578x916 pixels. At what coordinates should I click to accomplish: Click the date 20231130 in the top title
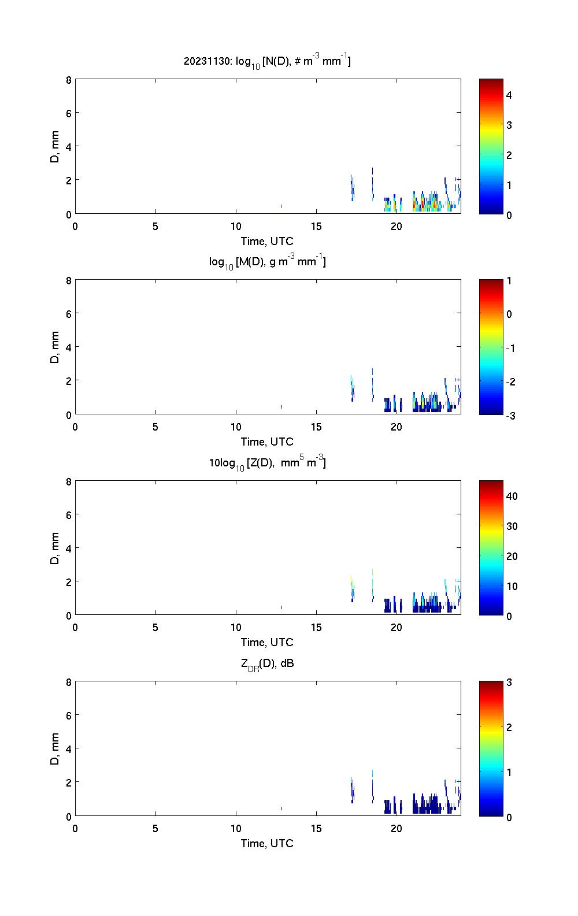tap(200, 61)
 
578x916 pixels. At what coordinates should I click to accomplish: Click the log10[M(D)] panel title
tap(267, 262)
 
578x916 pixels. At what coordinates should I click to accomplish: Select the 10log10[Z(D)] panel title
tap(267, 463)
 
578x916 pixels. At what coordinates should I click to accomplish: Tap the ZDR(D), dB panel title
tap(267, 663)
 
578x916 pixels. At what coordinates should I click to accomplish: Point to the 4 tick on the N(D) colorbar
tap(509, 95)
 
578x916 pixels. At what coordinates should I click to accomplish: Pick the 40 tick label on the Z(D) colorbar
tap(512, 496)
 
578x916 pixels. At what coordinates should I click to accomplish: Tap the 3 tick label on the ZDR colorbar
tap(509, 683)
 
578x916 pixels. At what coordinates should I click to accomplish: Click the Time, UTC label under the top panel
tap(267, 241)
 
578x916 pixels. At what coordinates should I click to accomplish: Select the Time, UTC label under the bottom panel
tap(267, 843)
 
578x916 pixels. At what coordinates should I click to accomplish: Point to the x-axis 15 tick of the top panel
tap(316, 227)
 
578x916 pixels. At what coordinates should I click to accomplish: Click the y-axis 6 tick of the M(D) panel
tap(69, 313)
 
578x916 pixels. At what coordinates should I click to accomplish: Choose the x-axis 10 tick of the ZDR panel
tap(236, 829)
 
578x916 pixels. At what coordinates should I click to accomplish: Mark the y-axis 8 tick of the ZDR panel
tap(69, 683)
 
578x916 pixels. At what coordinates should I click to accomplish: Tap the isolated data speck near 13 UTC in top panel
tap(281, 206)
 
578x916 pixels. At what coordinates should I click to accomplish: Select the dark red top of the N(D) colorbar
tap(491, 81)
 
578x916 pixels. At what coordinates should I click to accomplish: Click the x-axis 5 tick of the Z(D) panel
tap(155, 628)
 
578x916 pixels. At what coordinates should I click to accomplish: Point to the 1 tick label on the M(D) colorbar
tap(509, 281)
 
